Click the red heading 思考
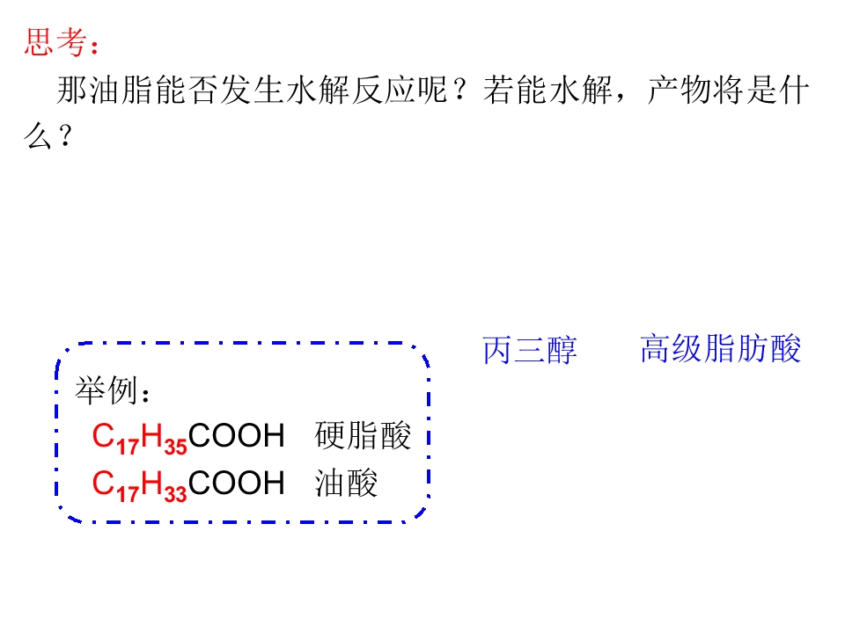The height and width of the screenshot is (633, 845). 55,42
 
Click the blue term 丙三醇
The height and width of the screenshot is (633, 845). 530,351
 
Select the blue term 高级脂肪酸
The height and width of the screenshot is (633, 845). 721,349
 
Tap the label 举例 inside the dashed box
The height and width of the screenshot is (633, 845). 105,390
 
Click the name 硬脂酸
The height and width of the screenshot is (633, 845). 363,435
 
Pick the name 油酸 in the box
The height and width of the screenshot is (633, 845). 346,483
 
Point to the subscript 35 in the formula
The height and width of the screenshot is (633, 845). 175,447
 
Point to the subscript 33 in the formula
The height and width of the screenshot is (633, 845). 175,494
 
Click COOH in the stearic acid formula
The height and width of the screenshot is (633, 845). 236,435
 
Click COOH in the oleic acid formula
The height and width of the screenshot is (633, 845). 236,483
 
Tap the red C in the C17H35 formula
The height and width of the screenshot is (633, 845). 103,435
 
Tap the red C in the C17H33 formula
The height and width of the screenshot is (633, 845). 103,483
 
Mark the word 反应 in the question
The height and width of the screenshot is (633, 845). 384,90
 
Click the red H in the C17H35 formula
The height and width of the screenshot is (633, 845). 151,435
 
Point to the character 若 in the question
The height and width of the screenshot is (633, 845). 498,90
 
